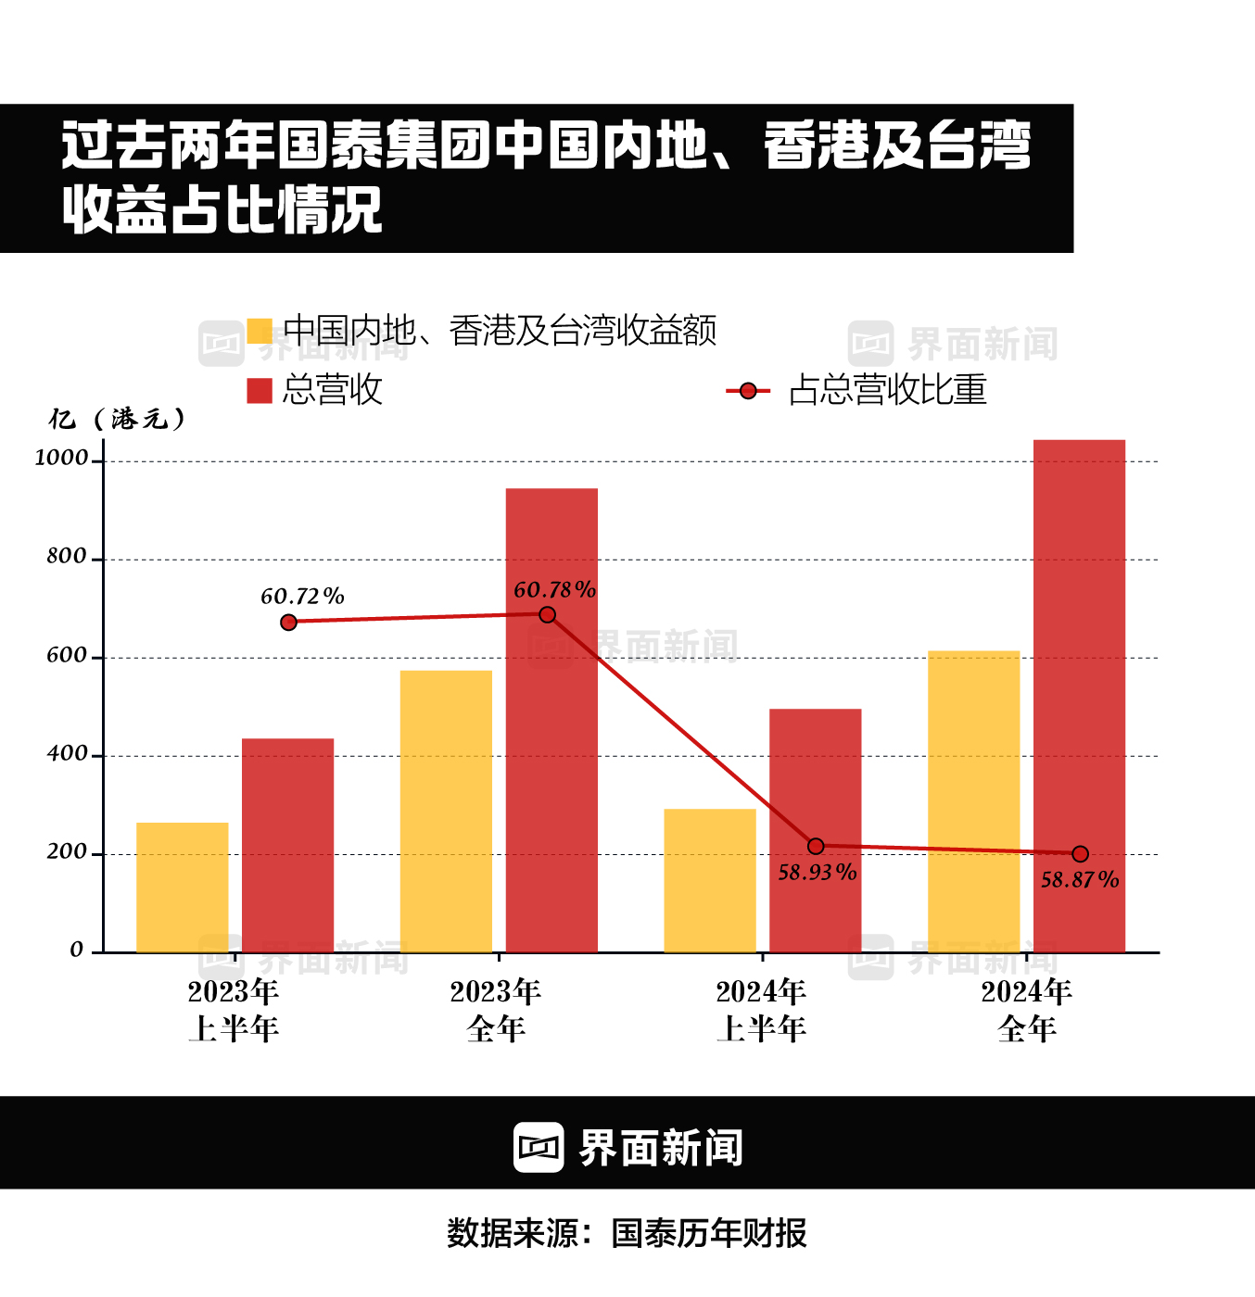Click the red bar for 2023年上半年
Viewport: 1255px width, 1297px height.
pyautogui.click(x=287, y=845)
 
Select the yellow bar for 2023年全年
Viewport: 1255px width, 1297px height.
pyautogui.click(x=446, y=811)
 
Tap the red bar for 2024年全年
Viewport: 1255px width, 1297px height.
pyautogui.click(x=1079, y=695)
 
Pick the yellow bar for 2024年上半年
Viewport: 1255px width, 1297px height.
pyautogui.click(x=710, y=880)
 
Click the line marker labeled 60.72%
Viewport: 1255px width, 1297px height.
pyautogui.click(x=288, y=623)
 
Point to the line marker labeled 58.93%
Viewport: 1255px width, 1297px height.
pyautogui.click(x=816, y=846)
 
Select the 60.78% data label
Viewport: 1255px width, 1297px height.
pyautogui.click(x=554, y=590)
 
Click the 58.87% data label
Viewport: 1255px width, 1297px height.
pyautogui.click(x=1080, y=880)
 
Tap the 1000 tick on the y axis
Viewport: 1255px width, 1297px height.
pyautogui.click(x=61, y=458)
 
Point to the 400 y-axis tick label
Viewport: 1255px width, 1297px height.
pyautogui.click(x=67, y=753)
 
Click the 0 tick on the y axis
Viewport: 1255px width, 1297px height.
pyautogui.click(x=77, y=950)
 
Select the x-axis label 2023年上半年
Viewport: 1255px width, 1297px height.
pyautogui.click(x=234, y=1010)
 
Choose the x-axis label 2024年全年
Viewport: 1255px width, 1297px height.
pyautogui.click(x=1027, y=1010)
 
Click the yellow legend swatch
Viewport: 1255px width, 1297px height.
pyautogui.click(x=260, y=331)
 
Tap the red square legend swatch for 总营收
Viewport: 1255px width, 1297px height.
pyautogui.click(x=260, y=390)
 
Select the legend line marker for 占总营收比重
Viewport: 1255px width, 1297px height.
pyautogui.click(x=748, y=391)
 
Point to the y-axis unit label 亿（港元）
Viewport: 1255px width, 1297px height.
pyautogui.click(x=118, y=420)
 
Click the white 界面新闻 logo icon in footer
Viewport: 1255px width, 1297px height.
pyautogui.click(x=539, y=1148)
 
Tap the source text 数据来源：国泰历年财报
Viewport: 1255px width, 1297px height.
pyautogui.click(x=627, y=1233)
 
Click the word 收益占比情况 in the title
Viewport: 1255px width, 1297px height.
pyautogui.click(x=222, y=209)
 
